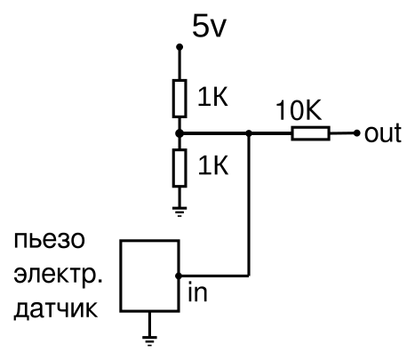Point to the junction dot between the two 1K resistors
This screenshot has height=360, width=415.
coord(180,133)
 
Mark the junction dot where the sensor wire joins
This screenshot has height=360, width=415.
coord(250,133)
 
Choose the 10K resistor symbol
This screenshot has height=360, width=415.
coord(310,133)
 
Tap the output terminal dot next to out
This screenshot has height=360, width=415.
coord(357,133)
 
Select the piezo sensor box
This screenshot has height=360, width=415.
coord(150,275)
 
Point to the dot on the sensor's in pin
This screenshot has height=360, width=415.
coord(180,275)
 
